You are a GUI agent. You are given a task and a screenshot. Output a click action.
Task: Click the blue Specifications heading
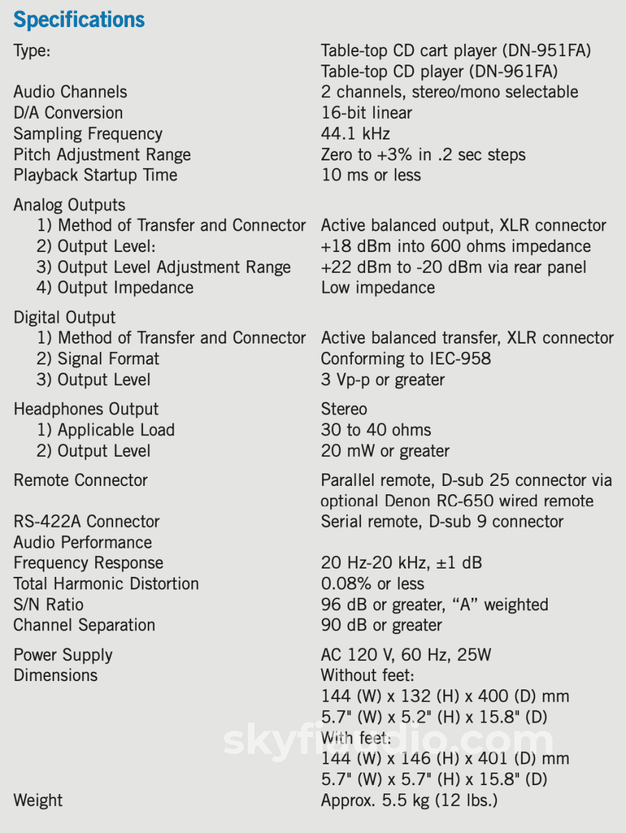pyautogui.click(x=79, y=19)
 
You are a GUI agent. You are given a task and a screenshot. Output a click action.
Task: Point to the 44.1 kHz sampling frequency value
pyautogui.click(x=355, y=133)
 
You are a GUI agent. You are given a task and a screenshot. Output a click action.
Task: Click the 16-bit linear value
pyautogui.click(x=366, y=112)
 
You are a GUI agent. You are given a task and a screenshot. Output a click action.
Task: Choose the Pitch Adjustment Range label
pyautogui.click(x=102, y=154)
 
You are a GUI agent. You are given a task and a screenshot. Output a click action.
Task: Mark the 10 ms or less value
pyautogui.click(x=371, y=175)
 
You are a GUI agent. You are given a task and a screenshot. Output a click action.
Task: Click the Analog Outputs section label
pyautogui.click(x=69, y=205)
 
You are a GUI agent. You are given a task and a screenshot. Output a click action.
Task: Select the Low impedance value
pyautogui.click(x=378, y=287)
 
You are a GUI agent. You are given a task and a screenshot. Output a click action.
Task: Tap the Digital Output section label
pyautogui.click(x=65, y=317)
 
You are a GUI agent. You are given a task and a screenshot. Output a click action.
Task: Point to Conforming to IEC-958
pyautogui.click(x=405, y=359)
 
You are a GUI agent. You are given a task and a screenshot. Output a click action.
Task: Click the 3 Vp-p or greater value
pyautogui.click(x=382, y=380)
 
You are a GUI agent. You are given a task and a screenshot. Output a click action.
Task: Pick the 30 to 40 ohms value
pyautogui.click(x=375, y=430)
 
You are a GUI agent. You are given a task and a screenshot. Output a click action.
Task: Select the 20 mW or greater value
pyautogui.click(x=384, y=451)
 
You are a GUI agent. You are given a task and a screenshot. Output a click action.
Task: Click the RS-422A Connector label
pyautogui.click(x=87, y=521)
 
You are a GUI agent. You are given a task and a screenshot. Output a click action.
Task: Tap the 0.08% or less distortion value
pyautogui.click(x=373, y=584)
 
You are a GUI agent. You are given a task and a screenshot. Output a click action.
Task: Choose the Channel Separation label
pyautogui.click(x=85, y=625)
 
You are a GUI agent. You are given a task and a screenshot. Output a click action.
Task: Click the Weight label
pyautogui.click(x=38, y=800)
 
